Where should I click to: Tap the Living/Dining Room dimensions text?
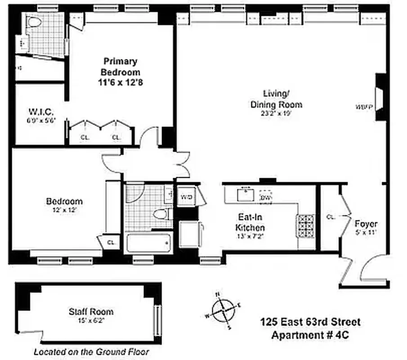click(282, 114)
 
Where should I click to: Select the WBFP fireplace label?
click(364, 107)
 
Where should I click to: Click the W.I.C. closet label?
click(41, 111)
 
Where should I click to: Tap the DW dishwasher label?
click(265, 198)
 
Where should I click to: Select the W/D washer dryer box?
click(186, 197)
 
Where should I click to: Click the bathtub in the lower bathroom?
click(149, 243)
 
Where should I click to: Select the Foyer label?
click(366, 224)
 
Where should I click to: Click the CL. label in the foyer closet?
click(331, 217)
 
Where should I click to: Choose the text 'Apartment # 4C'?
click(310, 335)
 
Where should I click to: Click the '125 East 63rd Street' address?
click(310, 322)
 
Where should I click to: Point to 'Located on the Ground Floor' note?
click(91, 352)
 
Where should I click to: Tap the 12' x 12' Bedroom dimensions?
click(64, 210)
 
